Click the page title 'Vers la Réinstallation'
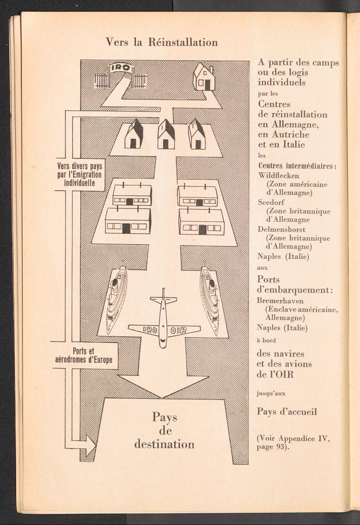pyautogui.click(x=162, y=43)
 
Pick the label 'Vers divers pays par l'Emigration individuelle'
pyautogui.click(x=80, y=175)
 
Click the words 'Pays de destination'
pyautogui.click(x=165, y=431)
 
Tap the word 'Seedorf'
pyautogui.click(x=271, y=203)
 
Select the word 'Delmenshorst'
pyautogui.click(x=282, y=230)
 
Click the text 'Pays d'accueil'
pyautogui.click(x=287, y=411)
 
